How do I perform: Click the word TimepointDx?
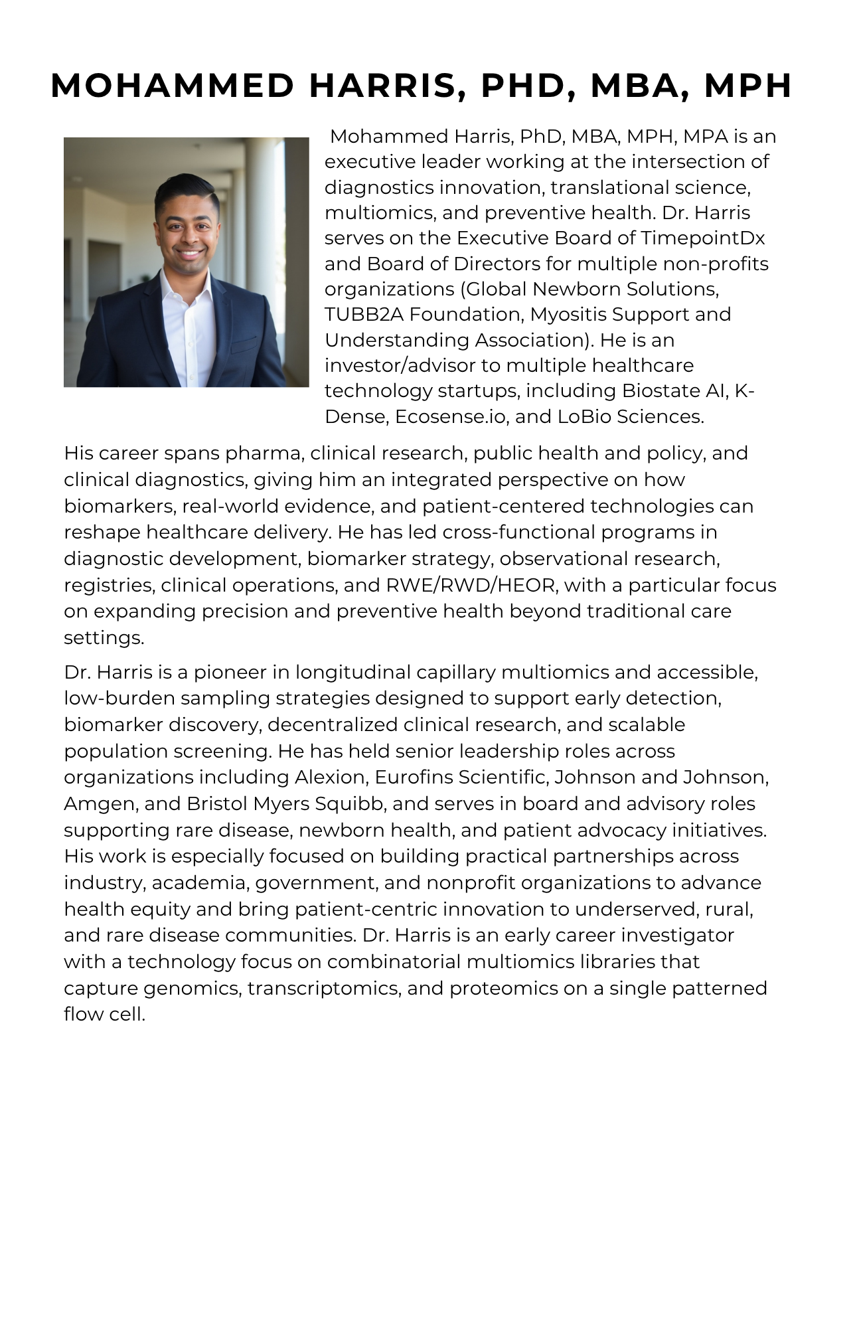click(x=703, y=238)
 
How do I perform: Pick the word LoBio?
click(x=584, y=416)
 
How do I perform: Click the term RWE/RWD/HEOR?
click(x=471, y=585)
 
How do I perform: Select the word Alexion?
click(x=331, y=777)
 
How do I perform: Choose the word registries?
click(x=109, y=585)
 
